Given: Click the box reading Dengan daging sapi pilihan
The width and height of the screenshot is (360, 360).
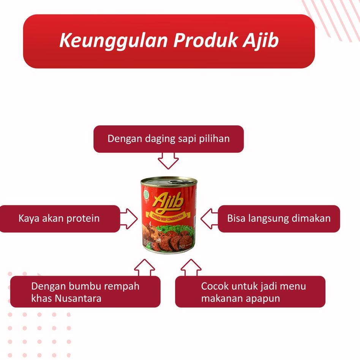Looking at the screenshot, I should [x=168, y=139].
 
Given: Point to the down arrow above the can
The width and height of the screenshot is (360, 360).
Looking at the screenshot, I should [x=168, y=161].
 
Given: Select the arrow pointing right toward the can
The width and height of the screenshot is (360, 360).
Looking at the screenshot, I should [x=129, y=218].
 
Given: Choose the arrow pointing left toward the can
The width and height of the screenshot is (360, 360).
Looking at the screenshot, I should [x=208, y=218].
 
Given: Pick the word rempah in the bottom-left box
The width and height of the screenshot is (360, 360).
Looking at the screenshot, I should [x=121, y=286].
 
